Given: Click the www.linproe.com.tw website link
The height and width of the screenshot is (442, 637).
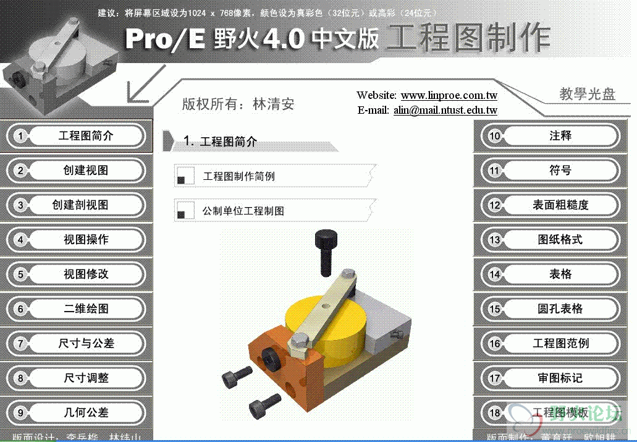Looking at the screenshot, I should [449, 96].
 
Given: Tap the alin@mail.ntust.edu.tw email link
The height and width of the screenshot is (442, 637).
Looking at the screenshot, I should [445, 111].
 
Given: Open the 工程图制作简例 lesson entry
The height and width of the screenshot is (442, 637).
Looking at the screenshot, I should [238, 177].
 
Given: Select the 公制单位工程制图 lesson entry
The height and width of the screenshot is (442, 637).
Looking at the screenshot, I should [243, 211].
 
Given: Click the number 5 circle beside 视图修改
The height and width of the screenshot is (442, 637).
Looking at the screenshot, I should [20, 274].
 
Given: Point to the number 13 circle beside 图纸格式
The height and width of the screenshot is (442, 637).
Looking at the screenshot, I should [494, 240].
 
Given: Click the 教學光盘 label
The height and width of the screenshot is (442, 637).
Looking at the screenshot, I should [587, 94].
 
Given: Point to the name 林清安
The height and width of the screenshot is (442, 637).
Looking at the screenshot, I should [273, 104].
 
